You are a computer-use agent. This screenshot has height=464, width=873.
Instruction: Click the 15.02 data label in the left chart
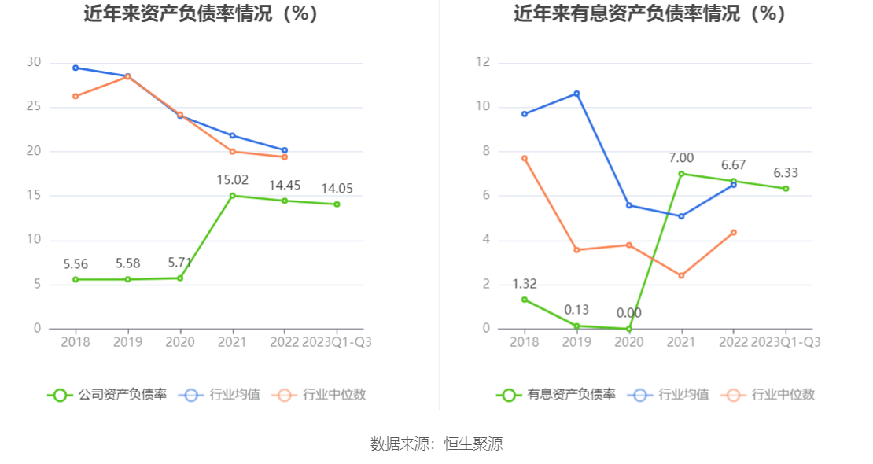(232, 180)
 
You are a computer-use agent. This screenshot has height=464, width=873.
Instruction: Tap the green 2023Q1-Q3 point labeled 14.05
(337, 204)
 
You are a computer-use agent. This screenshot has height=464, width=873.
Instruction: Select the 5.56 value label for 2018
(76, 264)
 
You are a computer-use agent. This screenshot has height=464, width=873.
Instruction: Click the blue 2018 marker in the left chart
(76, 68)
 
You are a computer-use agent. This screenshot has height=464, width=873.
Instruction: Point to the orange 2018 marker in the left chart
(76, 96)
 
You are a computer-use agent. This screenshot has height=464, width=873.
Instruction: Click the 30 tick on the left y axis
(33, 63)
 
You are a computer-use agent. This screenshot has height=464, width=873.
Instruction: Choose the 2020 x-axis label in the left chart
(180, 342)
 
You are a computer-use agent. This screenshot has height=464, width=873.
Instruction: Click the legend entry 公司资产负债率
(107, 395)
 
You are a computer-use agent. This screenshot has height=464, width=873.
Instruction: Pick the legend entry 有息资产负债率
(555, 395)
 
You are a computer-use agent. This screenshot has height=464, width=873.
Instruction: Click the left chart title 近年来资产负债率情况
(201, 13)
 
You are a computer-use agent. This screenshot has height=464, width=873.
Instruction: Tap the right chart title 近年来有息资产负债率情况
(650, 13)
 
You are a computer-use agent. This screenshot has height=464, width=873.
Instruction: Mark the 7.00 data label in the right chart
(681, 158)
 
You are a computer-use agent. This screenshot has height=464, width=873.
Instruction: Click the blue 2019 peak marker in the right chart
(576, 94)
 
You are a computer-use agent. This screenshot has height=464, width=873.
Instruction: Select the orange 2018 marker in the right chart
(525, 158)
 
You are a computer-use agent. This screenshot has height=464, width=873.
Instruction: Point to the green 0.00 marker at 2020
(629, 329)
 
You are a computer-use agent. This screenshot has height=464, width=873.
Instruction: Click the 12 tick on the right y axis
(483, 63)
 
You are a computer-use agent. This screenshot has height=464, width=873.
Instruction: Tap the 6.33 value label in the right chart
(786, 173)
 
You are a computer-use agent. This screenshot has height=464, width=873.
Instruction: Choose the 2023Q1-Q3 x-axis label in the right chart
(786, 342)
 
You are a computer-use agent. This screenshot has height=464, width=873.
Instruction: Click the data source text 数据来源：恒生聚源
(436, 444)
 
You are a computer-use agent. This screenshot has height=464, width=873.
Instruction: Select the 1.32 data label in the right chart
(525, 284)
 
